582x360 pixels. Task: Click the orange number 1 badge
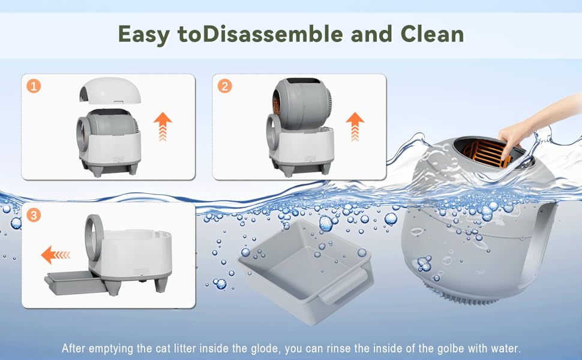(34, 86)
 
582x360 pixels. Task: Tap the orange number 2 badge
(224, 86)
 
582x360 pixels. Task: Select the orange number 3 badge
(34, 215)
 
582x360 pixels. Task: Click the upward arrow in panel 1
(163, 127)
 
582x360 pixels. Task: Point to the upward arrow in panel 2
(355, 127)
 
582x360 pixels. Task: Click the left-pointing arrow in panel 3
(56, 254)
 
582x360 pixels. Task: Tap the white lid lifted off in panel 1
(110, 90)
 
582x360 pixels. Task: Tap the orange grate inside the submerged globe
(482, 153)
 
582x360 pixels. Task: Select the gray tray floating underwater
(306, 271)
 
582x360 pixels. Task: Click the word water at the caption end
(506, 349)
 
